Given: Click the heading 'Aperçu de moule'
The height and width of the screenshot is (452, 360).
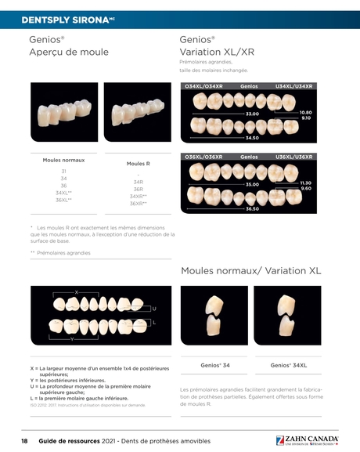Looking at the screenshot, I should pyautogui.click(x=69, y=52).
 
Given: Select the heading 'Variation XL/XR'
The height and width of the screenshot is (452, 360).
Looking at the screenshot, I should pyautogui.click(x=217, y=52).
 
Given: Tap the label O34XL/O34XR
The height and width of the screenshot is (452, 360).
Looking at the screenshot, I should pyautogui.click(x=203, y=86).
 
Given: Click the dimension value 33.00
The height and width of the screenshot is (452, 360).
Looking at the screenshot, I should pyautogui.click(x=252, y=114).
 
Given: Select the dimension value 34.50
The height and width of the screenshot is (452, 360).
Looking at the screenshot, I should pyautogui.click(x=252, y=138).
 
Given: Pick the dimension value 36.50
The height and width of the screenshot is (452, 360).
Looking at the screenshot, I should pyautogui.click(x=252, y=209).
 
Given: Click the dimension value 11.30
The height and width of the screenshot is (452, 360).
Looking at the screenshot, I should pyautogui.click(x=306, y=183).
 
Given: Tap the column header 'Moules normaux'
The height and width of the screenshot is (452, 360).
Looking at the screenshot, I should pyautogui.click(x=63, y=160).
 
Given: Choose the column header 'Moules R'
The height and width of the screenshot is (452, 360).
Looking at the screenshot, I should pyautogui.click(x=138, y=164).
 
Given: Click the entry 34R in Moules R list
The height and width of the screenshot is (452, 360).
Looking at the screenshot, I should pyautogui.click(x=138, y=181).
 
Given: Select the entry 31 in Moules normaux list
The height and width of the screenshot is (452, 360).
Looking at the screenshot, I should pyautogui.click(x=63, y=171).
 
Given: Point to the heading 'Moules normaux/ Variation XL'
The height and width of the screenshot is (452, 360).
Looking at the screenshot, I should pyautogui.click(x=250, y=270).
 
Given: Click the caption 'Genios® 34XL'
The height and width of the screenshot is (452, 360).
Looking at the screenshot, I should pyautogui.click(x=289, y=365).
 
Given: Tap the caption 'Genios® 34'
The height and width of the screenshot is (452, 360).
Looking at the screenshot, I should pyautogui.click(x=215, y=365).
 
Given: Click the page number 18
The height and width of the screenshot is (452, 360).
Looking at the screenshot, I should pyautogui.click(x=24, y=442).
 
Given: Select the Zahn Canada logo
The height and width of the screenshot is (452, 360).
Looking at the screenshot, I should pyautogui.click(x=307, y=440).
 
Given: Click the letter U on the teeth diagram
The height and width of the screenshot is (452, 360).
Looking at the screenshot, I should pyautogui.click(x=154, y=309).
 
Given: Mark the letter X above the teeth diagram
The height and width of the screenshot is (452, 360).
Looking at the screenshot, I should pyautogui.click(x=76, y=291).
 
